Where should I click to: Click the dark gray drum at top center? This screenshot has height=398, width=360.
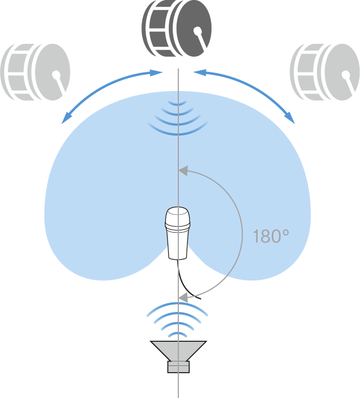point(177,29)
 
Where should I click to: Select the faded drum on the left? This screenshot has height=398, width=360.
point(35,72)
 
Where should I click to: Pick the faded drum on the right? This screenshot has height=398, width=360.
point(325,72)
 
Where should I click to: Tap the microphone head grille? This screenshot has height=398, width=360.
point(178,216)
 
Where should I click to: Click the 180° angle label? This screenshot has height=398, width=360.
point(271,236)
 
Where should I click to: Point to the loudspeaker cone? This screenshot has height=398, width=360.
point(178,351)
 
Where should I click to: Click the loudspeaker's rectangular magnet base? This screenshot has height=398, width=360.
point(178,367)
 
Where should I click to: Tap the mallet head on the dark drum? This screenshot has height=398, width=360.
point(197,31)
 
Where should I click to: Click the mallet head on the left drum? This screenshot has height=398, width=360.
point(56,74)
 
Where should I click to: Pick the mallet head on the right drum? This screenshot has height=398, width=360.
point(346,74)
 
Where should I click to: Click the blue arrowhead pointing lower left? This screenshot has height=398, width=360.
point(66,119)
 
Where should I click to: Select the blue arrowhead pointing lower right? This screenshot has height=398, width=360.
point(290,118)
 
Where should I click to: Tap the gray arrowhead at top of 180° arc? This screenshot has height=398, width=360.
point(183,170)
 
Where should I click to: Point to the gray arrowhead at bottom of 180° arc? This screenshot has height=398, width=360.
point(183,297)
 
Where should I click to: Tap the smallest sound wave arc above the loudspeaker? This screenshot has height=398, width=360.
point(178,334)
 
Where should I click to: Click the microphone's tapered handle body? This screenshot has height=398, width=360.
point(178,242)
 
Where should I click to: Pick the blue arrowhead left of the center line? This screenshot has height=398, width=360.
point(156,73)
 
